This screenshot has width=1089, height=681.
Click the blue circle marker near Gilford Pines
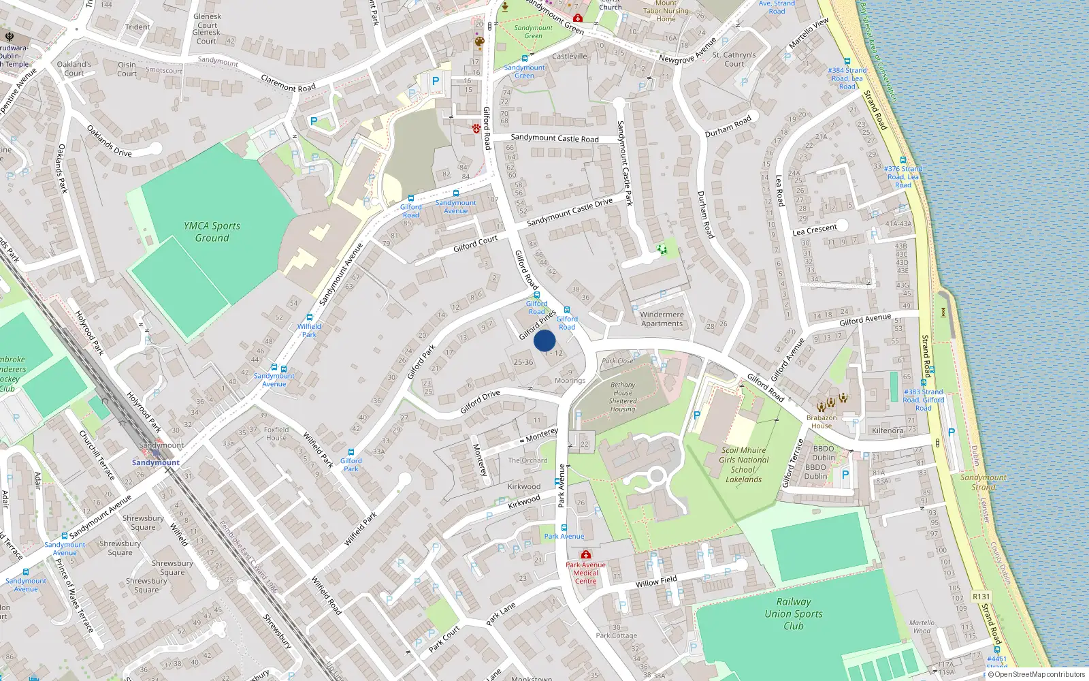[544, 341]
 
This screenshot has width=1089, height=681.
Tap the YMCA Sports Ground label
[212, 232]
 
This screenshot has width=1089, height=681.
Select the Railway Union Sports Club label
[793, 614]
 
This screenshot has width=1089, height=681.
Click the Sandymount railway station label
[156, 462]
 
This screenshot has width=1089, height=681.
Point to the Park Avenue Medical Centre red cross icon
[586, 554]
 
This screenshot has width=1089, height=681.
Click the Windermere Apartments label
[662, 319]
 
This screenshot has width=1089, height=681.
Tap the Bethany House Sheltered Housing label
[622, 397]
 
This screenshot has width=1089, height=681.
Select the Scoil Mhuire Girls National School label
[743, 464]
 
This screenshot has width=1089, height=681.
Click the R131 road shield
[981, 597]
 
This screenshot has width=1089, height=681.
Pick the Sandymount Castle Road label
[555, 138]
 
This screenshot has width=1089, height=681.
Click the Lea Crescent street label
[814, 230]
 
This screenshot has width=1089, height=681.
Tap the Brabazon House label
[821, 422]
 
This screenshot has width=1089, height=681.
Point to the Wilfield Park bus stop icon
[310, 317]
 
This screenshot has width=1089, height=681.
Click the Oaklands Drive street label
[109, 141]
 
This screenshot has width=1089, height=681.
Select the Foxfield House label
[276, 434]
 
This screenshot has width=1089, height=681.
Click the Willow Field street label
[656, 581]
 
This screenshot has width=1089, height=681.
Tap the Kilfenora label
[888, 430]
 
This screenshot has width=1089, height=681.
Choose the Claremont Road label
[288, 83]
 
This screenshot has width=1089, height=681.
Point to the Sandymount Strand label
[983, 482]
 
